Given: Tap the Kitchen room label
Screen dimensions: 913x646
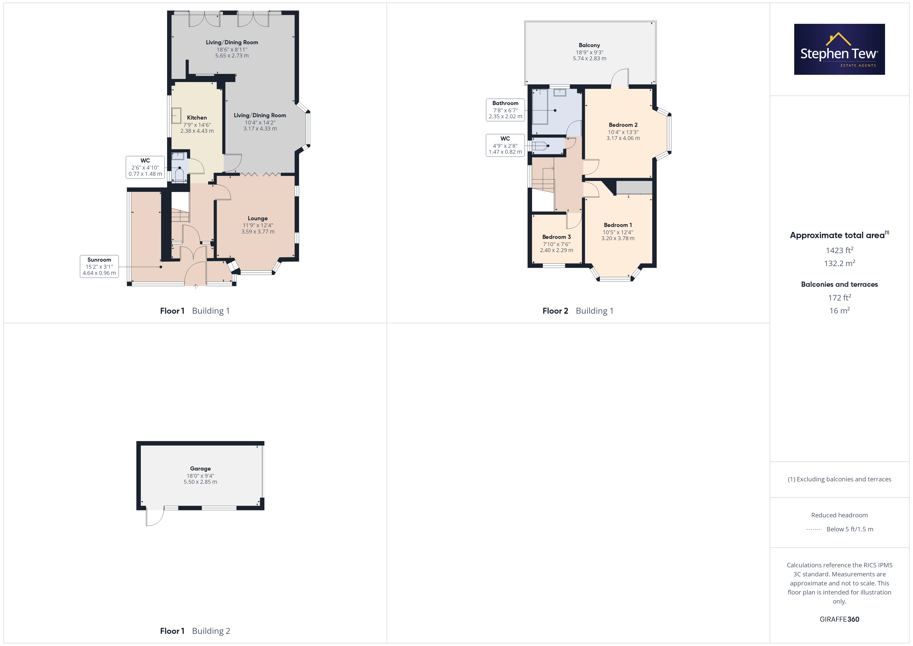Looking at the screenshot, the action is (x=197, y=118).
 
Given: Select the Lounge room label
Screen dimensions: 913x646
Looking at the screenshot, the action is (x=258, y=218).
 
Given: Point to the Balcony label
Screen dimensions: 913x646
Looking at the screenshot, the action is (x=589, y=45).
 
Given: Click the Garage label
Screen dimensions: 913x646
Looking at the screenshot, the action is (x=200, y=469).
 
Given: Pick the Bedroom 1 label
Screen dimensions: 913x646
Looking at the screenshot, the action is (x=617, y=225).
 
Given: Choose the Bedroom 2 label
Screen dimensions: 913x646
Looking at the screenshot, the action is (x=623, y=125).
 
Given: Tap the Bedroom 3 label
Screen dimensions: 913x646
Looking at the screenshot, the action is (x=556, y=237).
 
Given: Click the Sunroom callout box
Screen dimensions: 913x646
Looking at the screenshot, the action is (x=99, y=266).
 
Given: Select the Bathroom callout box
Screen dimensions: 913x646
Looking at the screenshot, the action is (x=505, y=110).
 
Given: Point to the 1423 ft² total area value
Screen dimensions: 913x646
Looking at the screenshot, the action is (x=840, y=250).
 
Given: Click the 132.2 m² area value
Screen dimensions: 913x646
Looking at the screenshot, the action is (x=840, y=263).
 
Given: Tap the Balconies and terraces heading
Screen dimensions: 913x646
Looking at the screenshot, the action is (x=840, y=284).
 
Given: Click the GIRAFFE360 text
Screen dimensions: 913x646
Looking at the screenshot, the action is (x=840, y=619).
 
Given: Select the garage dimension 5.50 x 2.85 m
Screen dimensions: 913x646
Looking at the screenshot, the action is (x=200, y=482).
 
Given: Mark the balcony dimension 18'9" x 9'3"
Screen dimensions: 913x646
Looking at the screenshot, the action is (x=589, y=52).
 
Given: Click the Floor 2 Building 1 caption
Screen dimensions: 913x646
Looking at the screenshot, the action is (x=578, y=311).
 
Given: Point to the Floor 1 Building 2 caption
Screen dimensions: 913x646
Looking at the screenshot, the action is (x=195, y=631).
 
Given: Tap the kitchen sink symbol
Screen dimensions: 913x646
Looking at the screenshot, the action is (x=176, y=116).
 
